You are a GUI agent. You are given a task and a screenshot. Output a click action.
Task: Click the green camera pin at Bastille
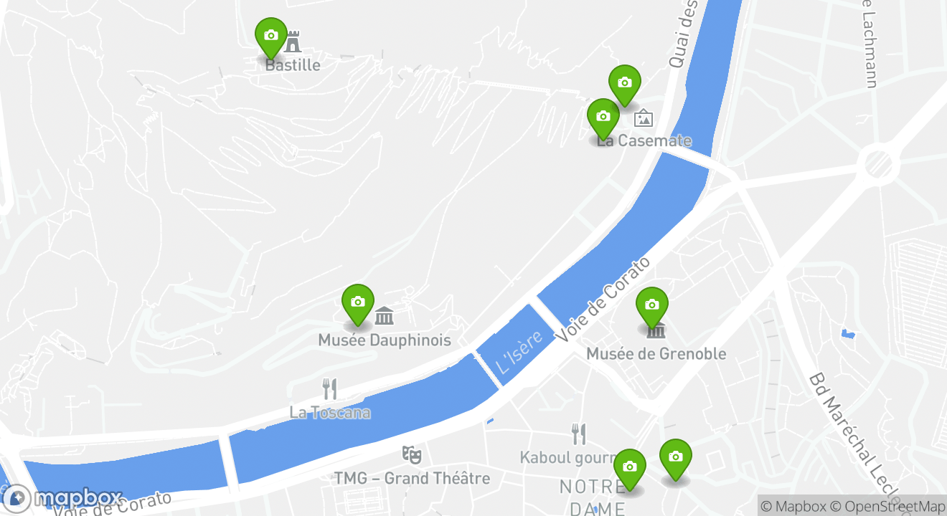click(x=270, y=36)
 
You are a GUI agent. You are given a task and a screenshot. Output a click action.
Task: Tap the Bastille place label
click(x=293, y=65)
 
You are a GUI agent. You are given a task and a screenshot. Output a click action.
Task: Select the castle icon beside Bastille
click(x=293, y=42)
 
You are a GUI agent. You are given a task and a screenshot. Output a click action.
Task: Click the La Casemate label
click(x=644, y=140)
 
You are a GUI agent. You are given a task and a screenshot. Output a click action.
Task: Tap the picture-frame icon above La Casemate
click(x=644, y=118)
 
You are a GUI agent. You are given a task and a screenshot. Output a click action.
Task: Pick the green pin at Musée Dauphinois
click(x=357, y=302)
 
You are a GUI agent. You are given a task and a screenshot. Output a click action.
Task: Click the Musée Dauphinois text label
click(x=385, y=340)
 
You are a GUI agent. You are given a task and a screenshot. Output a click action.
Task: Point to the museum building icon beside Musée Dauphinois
click(x=385, y=315)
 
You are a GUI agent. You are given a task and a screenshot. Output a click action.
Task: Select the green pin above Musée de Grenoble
click(x=651, y=305)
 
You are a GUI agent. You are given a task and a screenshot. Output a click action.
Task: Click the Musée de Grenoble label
click(x=656, y=353)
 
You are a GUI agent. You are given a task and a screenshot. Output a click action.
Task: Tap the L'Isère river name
click(x=519, y=351)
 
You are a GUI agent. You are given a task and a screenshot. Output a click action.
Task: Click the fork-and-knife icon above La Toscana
click(x=329, y=389)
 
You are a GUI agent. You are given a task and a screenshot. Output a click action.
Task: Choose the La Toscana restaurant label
click(x=330, y=413)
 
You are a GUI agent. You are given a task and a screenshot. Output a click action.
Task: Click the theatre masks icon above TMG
click(x=412, y=454)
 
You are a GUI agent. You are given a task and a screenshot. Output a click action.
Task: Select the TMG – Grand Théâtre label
click(x=412, y=478)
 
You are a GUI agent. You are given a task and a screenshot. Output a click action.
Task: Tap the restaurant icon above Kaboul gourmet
click(x=578, y=434)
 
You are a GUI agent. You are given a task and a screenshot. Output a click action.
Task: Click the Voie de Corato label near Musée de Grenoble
click(x=603, y=299)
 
